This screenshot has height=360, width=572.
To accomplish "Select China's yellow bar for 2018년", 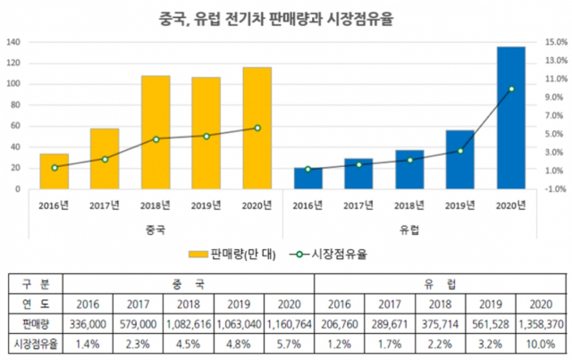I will click(x=156, y=132).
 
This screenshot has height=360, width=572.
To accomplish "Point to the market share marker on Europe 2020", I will click(x=511, y=89).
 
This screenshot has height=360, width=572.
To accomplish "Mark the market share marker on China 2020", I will click(x=257, y=128).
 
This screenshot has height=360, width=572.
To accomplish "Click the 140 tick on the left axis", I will click(x=13, y=42).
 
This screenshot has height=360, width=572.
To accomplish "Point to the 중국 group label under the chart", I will click(x=155, y=229).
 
